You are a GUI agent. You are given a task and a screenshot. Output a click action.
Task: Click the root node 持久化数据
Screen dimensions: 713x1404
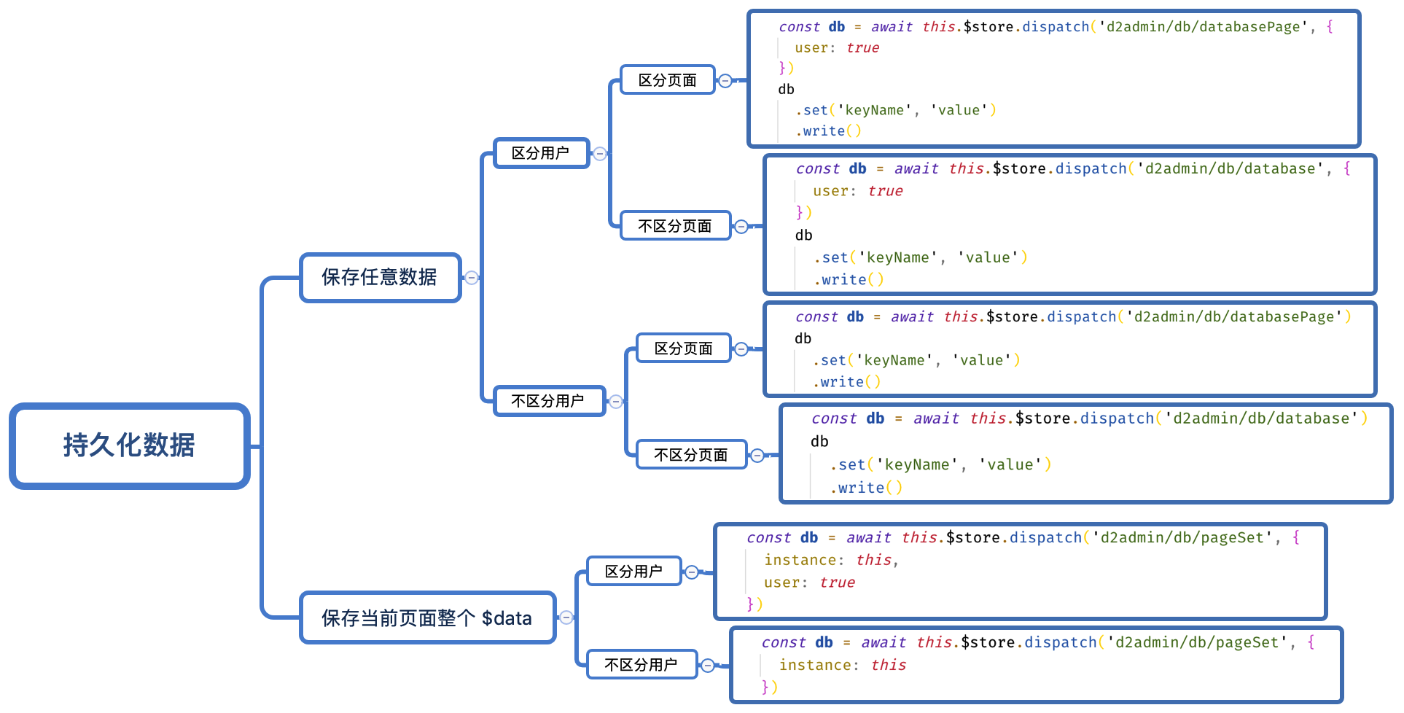(130, 445)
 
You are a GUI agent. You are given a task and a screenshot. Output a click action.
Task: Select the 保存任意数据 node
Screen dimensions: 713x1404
(380, 277)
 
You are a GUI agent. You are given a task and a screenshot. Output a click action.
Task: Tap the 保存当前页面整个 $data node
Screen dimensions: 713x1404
(427, 617)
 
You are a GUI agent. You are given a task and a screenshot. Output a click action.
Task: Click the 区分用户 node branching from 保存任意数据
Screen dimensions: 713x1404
(541, 153)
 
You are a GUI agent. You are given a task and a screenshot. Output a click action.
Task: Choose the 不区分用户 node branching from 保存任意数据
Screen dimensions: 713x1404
(548, 401)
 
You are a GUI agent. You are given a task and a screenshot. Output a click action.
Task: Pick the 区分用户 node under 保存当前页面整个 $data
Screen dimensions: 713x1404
(633, 571)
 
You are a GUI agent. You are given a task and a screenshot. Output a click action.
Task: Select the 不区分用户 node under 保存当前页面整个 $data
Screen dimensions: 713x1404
(641, 664)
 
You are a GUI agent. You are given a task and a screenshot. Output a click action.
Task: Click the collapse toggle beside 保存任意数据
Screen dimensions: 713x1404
(472, 277)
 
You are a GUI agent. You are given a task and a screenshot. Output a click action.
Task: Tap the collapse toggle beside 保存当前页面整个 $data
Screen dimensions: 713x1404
(566, 617)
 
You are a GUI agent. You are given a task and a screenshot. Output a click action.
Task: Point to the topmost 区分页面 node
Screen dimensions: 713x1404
(667, 80)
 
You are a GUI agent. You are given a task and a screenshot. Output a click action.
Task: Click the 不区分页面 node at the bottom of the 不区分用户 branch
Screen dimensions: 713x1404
(691, 455)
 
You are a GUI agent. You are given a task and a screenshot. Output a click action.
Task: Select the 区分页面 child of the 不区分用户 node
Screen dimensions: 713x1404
(683, 348)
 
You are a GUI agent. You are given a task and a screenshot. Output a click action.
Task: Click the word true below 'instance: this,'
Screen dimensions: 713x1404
(837, 583)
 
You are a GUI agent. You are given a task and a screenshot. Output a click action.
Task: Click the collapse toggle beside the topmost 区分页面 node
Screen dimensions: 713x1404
(725, 80)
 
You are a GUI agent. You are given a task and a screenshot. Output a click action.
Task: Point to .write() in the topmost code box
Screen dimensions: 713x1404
(829, 131)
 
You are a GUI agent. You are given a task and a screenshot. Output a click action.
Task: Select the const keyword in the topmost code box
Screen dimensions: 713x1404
(799, 27)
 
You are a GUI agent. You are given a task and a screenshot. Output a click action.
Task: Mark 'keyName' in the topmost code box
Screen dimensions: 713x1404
(874, 110)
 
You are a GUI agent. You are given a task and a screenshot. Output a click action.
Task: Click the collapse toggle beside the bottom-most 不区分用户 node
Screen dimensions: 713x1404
(708, 665)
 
